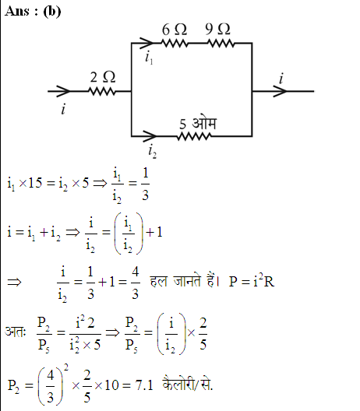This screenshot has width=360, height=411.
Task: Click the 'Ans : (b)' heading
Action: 33,12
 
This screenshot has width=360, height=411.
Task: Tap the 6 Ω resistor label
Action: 175,30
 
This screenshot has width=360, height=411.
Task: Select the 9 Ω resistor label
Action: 217,29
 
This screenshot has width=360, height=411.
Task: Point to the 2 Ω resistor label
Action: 103,77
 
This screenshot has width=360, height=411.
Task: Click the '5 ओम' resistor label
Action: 198,123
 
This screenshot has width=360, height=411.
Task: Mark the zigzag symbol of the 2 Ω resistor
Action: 102,92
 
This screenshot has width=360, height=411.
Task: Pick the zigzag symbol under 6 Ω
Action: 175,43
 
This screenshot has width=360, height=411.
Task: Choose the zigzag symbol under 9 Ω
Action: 221,43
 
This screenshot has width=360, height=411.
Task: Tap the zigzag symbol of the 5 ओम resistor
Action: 194,136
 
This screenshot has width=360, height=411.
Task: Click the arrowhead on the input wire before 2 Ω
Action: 63,91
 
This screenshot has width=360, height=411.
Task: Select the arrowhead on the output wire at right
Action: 281,91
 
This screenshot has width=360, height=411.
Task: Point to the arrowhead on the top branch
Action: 146,43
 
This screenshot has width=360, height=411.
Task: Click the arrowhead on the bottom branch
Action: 150,136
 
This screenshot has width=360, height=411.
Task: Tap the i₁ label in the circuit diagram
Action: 149,58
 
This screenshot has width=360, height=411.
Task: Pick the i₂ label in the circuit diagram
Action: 153,152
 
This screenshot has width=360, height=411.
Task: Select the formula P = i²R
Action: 252,281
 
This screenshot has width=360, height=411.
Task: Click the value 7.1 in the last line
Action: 144,385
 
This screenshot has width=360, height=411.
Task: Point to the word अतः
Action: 16,332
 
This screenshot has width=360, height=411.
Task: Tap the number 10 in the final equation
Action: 111,385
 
